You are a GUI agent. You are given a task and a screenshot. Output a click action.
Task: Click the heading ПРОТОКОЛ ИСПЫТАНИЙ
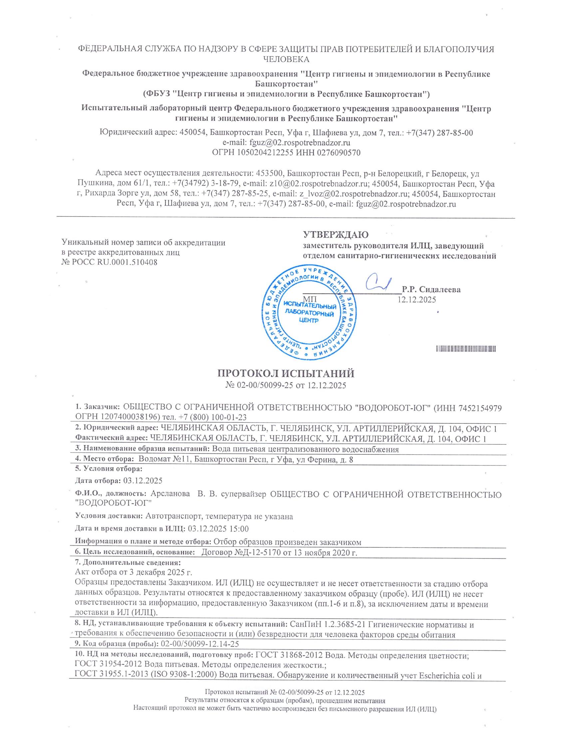[286, 373]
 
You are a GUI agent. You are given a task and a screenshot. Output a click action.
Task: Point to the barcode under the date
[466, 349]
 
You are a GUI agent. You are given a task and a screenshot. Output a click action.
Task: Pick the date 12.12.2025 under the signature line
[417, 300]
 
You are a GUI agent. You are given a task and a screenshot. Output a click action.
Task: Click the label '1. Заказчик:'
[97, 407]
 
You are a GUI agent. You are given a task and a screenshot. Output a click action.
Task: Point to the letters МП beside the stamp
[310, 299]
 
